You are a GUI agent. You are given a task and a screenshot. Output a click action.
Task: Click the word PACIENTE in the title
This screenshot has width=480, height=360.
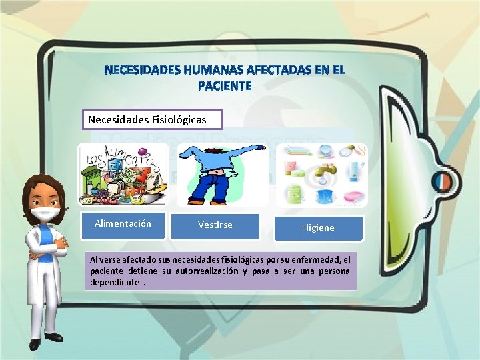(225, 86)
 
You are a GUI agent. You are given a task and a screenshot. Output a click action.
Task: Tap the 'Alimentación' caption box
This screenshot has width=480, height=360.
(123, 224)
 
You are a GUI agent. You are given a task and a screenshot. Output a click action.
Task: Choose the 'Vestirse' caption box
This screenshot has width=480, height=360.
(215, 225)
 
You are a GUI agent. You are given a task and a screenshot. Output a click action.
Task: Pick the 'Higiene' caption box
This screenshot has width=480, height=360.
(318, 228)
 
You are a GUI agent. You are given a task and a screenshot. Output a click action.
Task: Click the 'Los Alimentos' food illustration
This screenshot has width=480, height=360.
(123, 175)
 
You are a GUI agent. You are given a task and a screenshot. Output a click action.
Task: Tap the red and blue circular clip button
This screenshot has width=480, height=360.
(443, 180)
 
